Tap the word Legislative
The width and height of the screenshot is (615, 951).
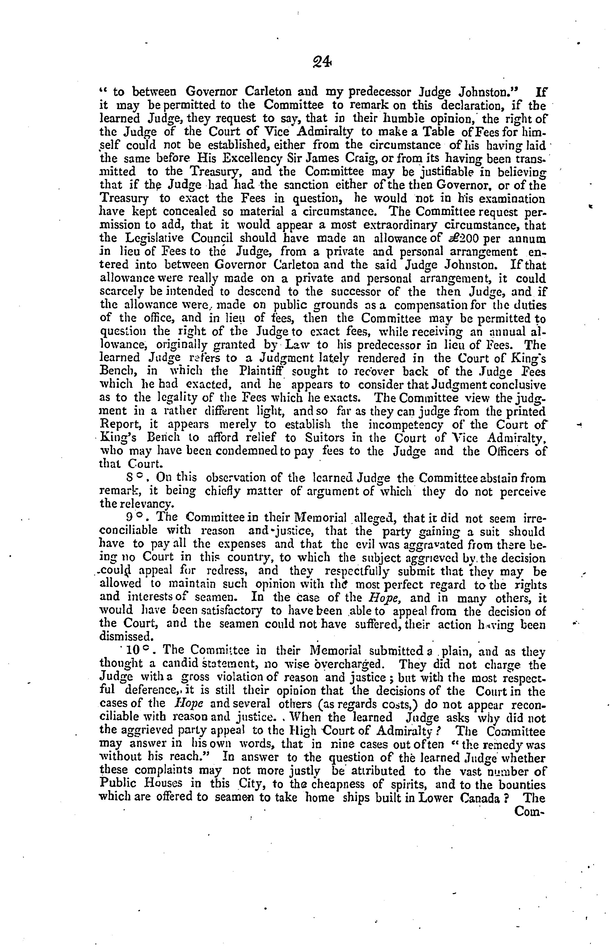[x=151, y=239]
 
